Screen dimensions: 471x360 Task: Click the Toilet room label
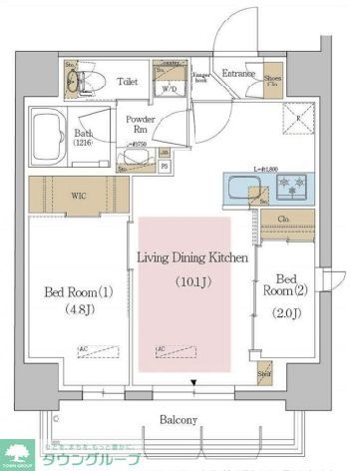[x=127, y=82]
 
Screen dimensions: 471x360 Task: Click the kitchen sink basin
[x=242, y=186]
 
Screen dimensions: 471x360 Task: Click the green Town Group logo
[x=18, y=452]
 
